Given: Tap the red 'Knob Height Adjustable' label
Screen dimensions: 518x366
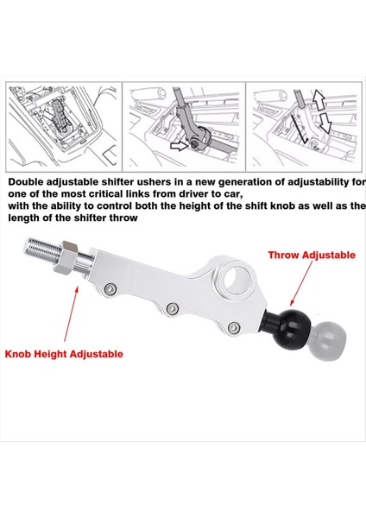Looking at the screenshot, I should click(65, 354).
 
